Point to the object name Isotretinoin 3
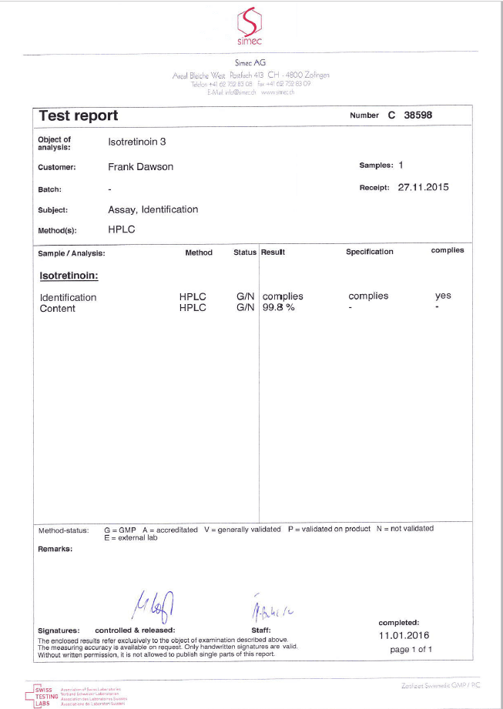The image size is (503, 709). point(137,142)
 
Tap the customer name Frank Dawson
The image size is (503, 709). point(140,166)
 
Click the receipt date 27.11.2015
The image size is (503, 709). point(423,187)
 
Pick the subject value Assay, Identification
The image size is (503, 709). point(153,209)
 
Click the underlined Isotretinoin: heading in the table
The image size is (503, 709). point(69,274)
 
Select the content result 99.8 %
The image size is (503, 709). point(279,309)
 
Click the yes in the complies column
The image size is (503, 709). point(443,296)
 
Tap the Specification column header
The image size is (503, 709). point(369,252)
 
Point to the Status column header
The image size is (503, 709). point(245,252)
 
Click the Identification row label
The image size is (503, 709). point(68,297)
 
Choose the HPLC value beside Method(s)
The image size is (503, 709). point(121,229)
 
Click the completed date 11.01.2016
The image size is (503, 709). point(404,636)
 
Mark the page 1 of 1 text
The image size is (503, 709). point(411,650)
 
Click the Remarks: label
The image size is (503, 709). point(55,549)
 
